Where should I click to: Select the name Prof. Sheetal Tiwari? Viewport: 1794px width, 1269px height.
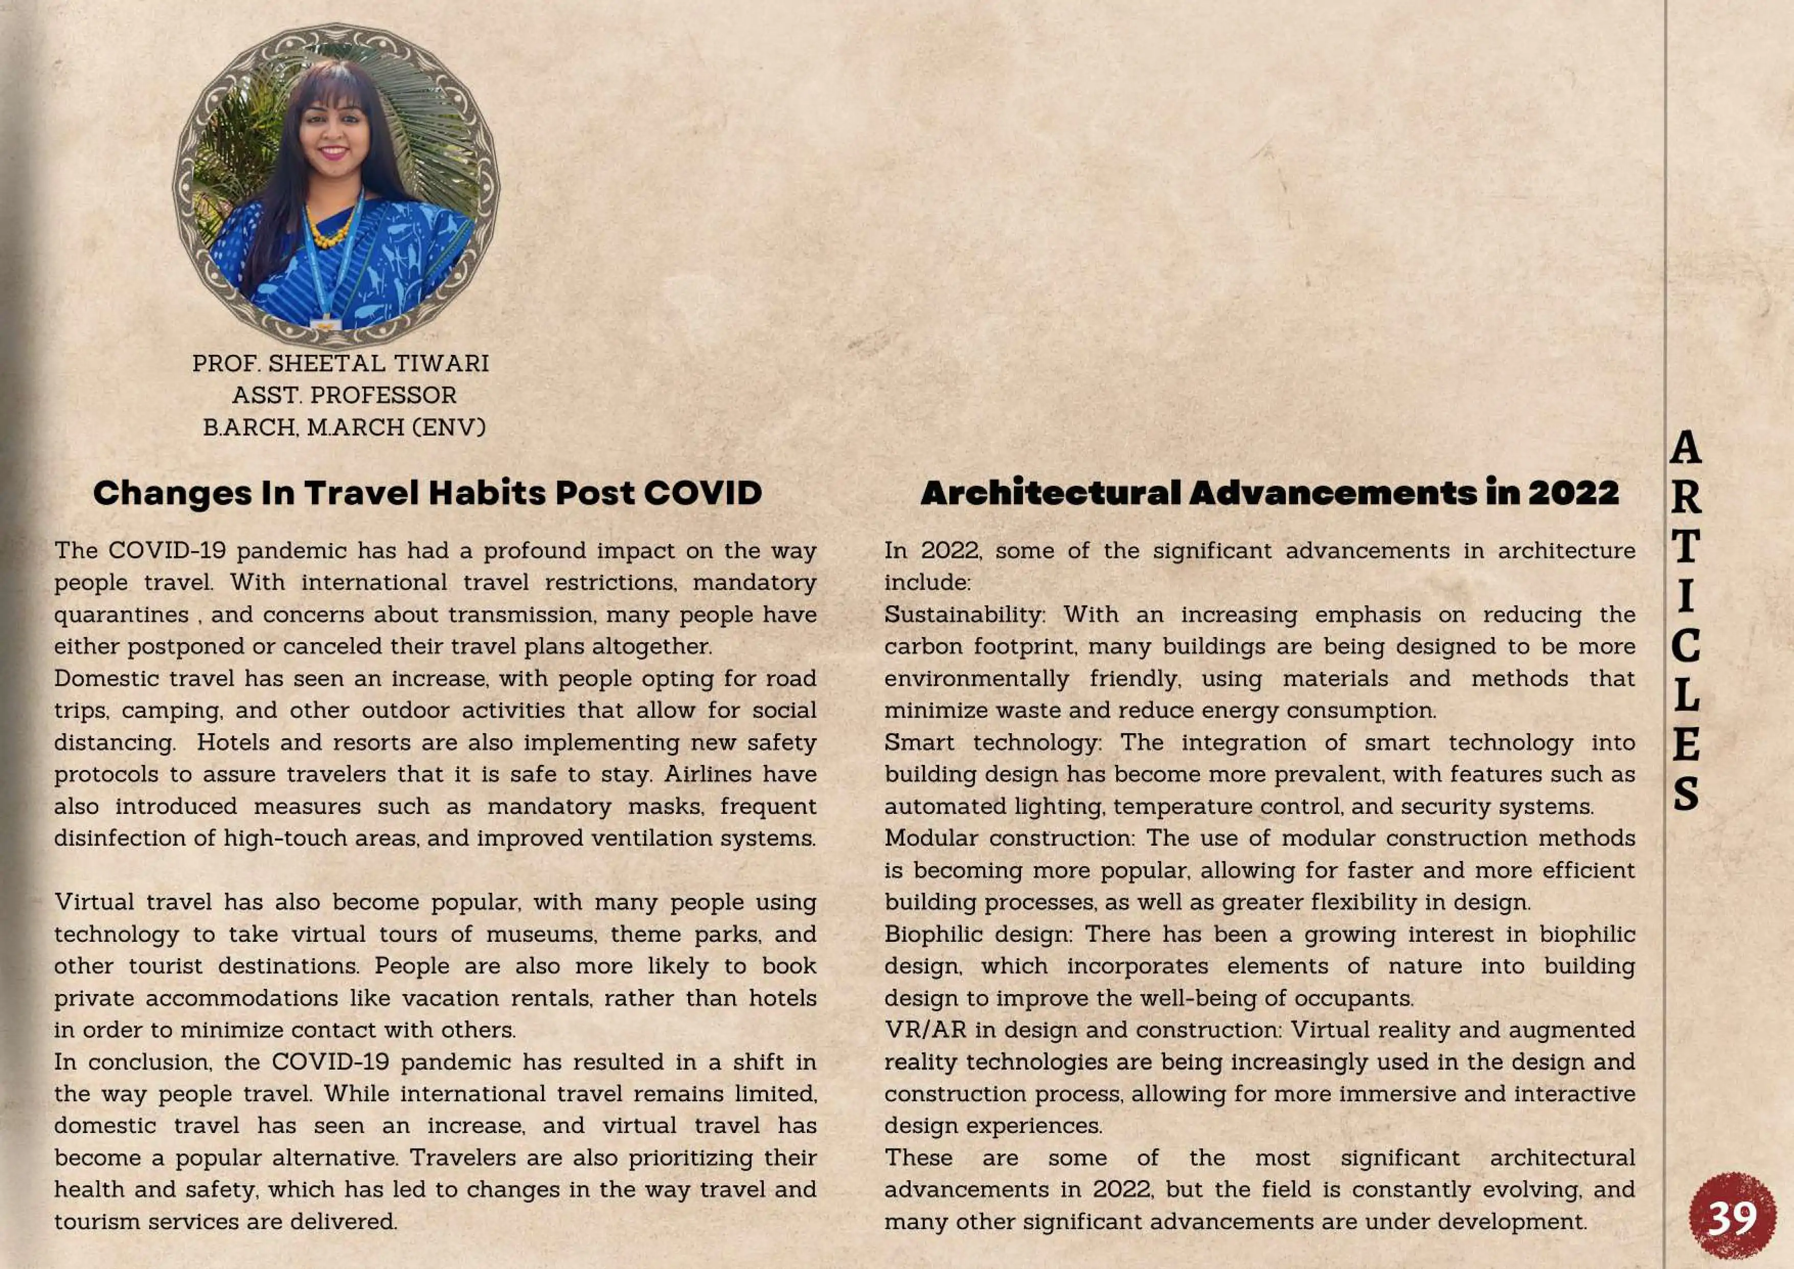340,364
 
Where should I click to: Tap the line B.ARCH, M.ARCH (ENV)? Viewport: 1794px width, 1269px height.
344,427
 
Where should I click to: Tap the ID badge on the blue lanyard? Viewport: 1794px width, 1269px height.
326,322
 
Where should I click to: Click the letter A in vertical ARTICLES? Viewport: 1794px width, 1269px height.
1686,448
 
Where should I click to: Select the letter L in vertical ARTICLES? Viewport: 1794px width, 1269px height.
1686,695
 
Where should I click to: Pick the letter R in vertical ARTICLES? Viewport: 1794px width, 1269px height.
1686,498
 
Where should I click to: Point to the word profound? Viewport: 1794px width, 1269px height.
534,551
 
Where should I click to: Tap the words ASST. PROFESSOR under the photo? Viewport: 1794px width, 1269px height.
344,395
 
